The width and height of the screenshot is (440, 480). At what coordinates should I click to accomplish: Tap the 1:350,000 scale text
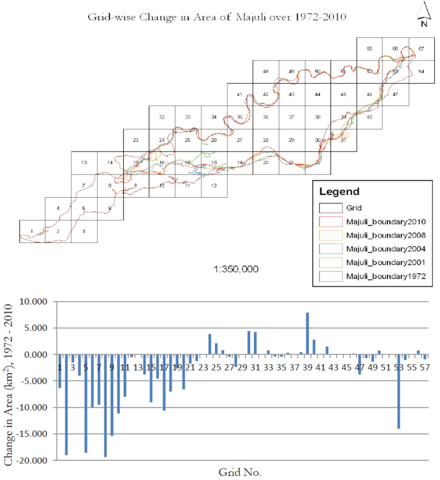(x=236, y=269)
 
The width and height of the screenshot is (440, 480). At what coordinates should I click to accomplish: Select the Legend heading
(x=339, y=191)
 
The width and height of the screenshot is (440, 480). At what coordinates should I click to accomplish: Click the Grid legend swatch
(x=330, y=208)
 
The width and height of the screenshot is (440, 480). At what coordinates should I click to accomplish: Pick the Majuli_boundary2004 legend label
(x=386, y=249)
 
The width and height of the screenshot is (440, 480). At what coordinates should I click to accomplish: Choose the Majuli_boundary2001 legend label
(x=386, y=263)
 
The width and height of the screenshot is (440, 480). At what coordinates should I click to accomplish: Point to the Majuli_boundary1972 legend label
(x=386, y=276)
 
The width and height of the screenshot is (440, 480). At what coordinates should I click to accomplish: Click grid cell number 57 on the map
(x=421, y=49)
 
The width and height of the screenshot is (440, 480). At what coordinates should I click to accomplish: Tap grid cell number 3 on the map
(x=84, y=231)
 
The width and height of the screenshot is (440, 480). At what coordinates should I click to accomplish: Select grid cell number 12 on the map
(x=214, y=186)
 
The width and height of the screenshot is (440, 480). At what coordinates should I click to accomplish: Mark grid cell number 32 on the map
(x=162, y=117)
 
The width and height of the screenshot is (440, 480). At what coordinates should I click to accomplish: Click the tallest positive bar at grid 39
(x=308, y=333)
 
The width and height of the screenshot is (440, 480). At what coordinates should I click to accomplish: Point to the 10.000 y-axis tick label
(x=33, y=302)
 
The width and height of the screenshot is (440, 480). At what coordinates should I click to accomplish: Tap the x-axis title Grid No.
(x=240, y=472)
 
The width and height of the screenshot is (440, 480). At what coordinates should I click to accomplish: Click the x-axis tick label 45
(x=346, y=367)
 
